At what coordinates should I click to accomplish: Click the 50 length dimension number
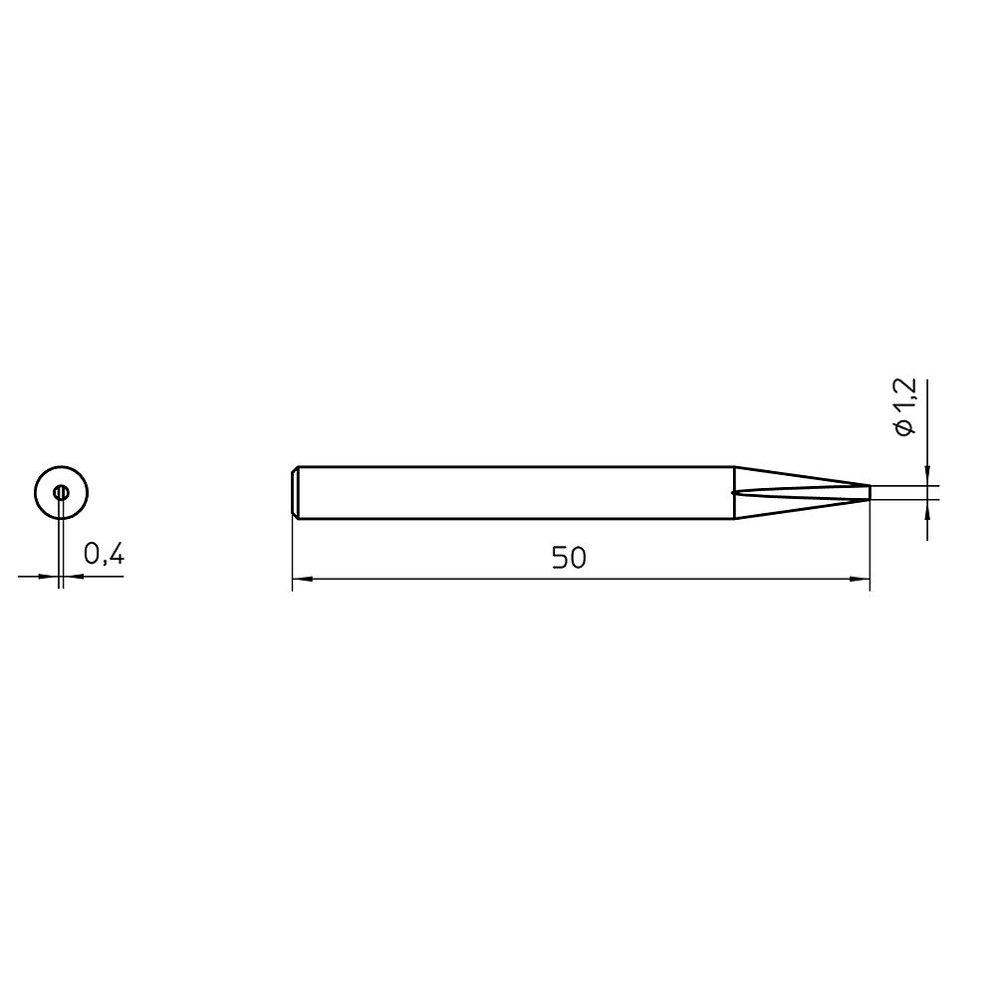569,559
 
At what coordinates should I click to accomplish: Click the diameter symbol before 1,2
904,427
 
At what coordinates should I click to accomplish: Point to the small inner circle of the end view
61,492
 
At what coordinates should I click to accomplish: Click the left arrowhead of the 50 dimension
301,578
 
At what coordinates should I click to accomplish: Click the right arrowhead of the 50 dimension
862,578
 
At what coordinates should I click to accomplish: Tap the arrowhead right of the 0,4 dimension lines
73,576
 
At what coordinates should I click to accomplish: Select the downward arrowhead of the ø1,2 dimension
927,477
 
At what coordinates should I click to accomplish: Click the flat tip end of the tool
870,492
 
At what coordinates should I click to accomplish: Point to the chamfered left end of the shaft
296,492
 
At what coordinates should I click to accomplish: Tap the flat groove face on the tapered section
797,492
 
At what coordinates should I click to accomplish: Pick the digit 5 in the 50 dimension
560,559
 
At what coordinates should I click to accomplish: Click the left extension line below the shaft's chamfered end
293,553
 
